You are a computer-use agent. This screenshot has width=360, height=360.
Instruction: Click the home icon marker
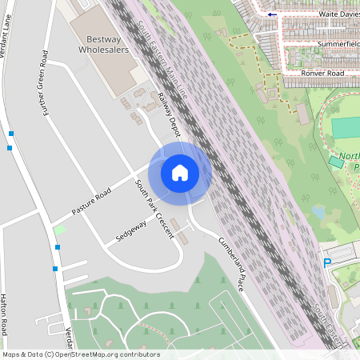[x=180, y=172]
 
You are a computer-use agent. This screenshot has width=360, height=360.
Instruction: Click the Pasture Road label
[x=90, y=202]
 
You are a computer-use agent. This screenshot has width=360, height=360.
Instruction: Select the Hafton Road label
[x=4, y=313]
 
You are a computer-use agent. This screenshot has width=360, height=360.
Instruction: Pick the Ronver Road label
[x=323, y=73]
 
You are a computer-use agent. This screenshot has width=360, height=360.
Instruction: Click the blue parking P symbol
[x=326, y=262]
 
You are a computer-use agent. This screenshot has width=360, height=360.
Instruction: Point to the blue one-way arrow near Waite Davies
[x=274, y=14]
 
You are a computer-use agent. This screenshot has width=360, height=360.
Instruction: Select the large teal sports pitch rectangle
[x=346, y=127]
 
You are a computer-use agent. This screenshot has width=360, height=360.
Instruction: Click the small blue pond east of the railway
[x=319, y=212]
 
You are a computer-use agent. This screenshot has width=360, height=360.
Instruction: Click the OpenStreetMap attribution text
[x=80, y=354]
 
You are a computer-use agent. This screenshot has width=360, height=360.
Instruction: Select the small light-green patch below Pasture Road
[x=59, y=230]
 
